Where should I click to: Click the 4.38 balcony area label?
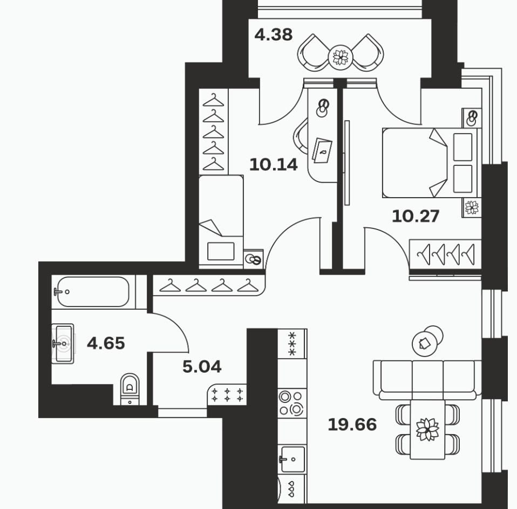(x=273, y=34)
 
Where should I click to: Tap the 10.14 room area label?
(x=273, y=164)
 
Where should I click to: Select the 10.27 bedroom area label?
(x=416, y=216)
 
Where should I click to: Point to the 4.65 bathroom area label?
(x=106, y=343)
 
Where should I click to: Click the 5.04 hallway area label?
(x=202, y=366)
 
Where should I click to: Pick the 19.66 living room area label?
(x=352, y=424)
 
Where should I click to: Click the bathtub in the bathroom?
(x=92, y=292)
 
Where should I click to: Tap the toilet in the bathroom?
(x=130, y=389)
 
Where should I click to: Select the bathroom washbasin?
(x=63, y=344)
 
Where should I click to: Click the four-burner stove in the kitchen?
(x=292, y=403)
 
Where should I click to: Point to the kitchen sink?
(x=292, y=459)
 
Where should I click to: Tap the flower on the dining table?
(x=427, y=429)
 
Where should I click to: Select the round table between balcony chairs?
(x=341, y=58)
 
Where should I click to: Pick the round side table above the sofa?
(x=427, y=341)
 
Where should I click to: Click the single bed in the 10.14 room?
(x=221, y=221)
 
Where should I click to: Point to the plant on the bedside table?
(x=472, y=207)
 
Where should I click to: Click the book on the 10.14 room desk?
(x=322, y=151)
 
